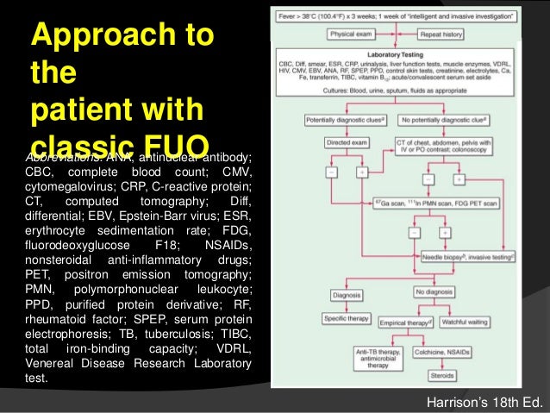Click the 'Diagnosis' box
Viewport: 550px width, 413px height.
pyautogui.click(x=347, y=294)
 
